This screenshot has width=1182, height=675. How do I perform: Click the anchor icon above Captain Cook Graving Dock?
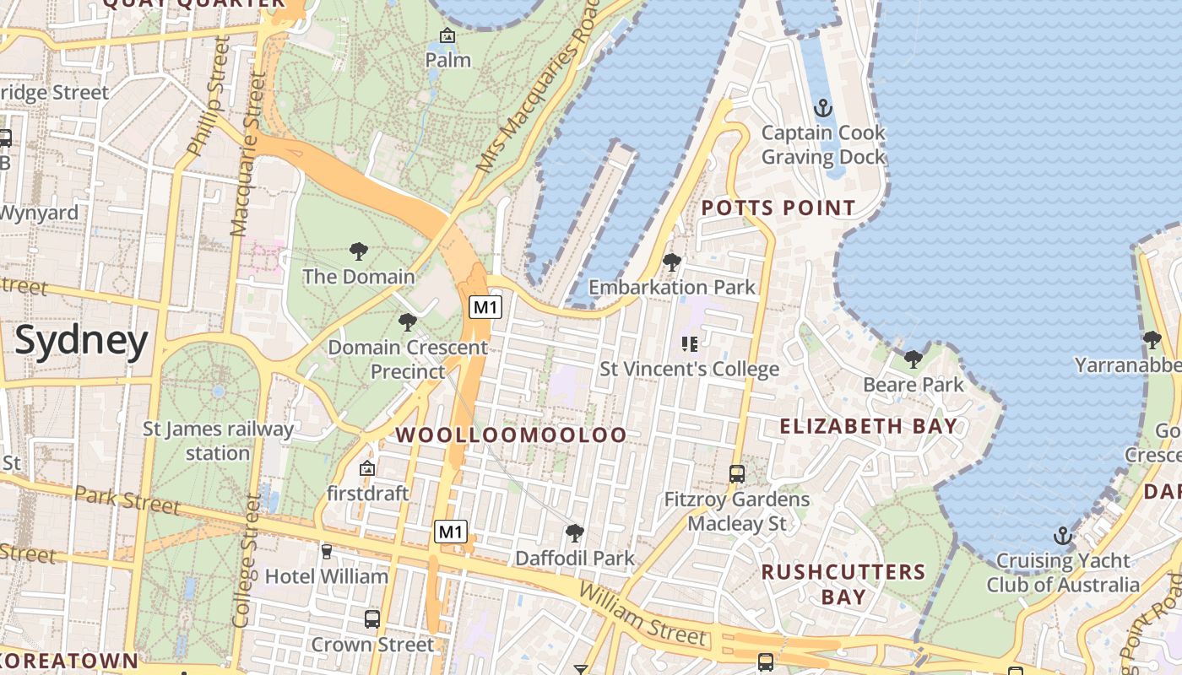click(x=822, y=108)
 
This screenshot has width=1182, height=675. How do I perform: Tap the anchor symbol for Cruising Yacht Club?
click(x=1063, y=536)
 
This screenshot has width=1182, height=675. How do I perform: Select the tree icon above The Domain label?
click(x=359, y=251)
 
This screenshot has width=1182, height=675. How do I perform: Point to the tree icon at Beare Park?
click(x=913, y=359)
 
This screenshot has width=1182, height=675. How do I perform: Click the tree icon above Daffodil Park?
click(x=575, y=533)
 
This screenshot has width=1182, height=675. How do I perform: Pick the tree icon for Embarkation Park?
click(x=672, y=262)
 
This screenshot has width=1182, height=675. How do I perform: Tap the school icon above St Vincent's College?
click(x=689, y=344)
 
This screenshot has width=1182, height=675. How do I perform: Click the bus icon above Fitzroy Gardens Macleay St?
click(x=737, y=474)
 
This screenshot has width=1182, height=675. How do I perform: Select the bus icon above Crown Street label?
click(x=372, y=619)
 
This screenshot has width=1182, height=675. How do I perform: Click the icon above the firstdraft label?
click(x=367, y=468)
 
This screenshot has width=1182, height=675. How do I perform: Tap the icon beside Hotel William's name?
click(x=327, y=552)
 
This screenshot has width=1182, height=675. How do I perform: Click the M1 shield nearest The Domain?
click(x=485, y=307)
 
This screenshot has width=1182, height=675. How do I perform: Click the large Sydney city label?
click(x=82, y=341)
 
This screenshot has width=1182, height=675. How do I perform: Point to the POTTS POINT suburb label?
click(x=778, y=208)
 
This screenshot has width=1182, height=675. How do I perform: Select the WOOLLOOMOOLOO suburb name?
click(x=512, y=435)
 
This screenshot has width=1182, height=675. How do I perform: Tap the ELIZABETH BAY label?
click(x=869, y=426)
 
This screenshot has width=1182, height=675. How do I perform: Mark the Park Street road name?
click(x=127, y=499)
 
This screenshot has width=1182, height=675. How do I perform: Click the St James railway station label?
click(x=218, y=440)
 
